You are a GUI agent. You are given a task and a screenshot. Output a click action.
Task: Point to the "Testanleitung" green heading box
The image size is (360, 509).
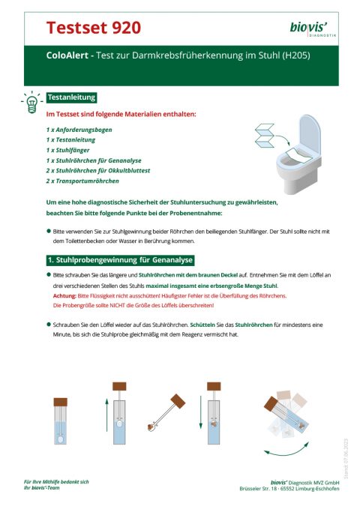click(x=70, y=98)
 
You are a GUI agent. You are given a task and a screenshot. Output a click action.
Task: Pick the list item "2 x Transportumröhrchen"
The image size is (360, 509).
click(x=82, y=181)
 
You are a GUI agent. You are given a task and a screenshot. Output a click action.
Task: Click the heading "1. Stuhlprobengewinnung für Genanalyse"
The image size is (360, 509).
click(x=119, y=260)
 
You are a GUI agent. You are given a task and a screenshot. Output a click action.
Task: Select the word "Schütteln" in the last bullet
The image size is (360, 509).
click(x=205, y=325)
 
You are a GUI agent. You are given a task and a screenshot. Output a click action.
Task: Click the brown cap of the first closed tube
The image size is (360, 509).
click(x=61, y=387)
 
